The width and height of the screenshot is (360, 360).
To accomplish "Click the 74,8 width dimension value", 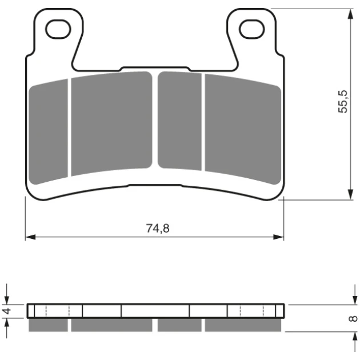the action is [x=158, y=229].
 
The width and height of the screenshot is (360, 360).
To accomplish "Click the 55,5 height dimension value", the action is [x=343, y=102].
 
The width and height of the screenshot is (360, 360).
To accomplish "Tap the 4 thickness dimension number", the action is [x=7, y=311].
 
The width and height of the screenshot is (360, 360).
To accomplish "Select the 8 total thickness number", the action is [x=353, y=319].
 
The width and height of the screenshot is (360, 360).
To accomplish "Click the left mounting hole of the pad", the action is [x=58, y=29].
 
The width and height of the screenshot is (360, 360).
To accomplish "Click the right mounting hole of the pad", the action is [x=251, y=29].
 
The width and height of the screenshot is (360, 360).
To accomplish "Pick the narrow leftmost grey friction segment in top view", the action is [x=49, y=132].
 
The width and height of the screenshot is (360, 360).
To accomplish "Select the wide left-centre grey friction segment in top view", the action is [x=111, y=123].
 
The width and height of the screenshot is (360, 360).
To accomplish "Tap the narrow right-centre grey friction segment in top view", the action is [x=179, y=121].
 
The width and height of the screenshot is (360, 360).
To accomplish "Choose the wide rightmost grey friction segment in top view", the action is [x=243, y=129].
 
